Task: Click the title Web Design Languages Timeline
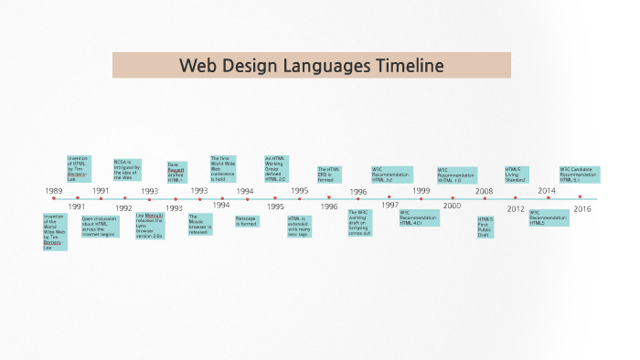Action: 311,66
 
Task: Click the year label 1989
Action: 54,191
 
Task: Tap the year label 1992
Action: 123,207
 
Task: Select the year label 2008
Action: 484,191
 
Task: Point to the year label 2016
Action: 581,207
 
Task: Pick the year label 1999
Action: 421,191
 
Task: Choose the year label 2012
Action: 516,207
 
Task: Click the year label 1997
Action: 389,205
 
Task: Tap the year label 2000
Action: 452,206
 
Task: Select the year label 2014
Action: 546,191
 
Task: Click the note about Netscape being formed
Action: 246,221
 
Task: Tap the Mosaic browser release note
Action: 199,225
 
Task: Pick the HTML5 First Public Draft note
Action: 485,227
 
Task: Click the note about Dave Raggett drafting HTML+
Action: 177,172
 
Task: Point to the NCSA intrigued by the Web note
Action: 125,170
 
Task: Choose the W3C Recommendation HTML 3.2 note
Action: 391,175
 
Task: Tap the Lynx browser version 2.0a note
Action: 150,227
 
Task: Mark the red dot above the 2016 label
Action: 580,196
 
